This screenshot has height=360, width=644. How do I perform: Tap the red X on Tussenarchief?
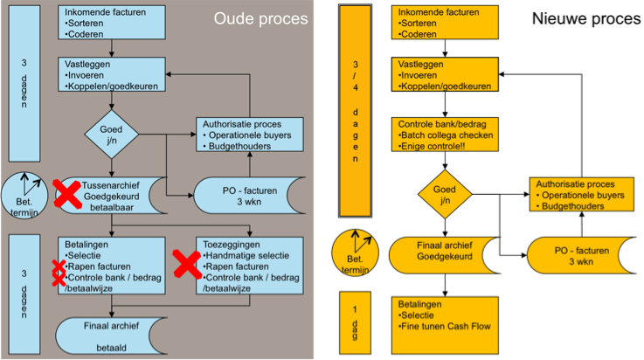(x=66, y=196)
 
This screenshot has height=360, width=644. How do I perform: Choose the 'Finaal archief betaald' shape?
(x=111, y=336)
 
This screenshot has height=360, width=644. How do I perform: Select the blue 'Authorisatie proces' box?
(x=247, y=135)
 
